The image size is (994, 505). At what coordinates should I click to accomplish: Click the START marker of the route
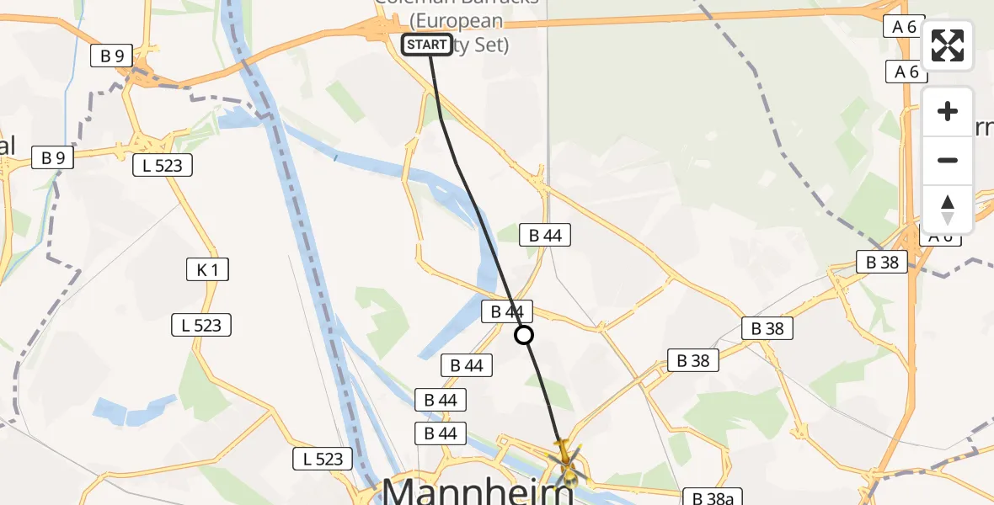pos(426,45)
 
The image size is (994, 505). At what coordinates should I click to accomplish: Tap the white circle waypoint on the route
pos(524,335)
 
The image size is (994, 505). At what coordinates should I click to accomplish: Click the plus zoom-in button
pos(948,111)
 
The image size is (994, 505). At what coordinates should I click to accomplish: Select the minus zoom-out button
pos(948,160)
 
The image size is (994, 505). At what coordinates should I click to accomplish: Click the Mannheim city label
pos(478,490)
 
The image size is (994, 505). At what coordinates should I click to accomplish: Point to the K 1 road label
pos(207,269)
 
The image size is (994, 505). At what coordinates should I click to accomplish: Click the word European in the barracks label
pos(457,22)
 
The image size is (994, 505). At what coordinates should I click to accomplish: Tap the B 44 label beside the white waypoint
pos(507,311)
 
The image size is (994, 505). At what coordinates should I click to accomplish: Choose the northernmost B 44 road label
pos(545,236)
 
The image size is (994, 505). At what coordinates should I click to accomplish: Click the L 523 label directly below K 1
pos(201,325)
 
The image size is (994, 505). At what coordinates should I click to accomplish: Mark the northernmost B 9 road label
pos(112,56)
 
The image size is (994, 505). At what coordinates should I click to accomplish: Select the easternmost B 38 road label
pos(883,262)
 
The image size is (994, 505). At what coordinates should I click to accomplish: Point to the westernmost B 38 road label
pos(694,361)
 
